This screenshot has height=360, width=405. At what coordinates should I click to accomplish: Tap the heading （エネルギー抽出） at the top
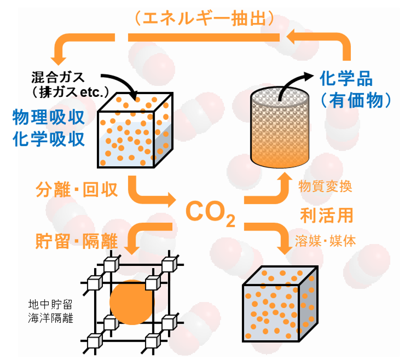(x=205, y=18)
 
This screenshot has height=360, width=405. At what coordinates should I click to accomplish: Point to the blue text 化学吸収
(x=49, y=138)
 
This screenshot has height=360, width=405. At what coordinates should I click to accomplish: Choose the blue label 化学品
(x=346, y=79)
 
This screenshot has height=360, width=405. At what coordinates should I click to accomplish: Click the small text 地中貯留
(x=50, y=304)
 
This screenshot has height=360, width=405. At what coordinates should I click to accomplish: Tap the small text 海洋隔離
(x=50, y=317)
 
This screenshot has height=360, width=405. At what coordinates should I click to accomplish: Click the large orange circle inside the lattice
(x=131, y=302)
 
